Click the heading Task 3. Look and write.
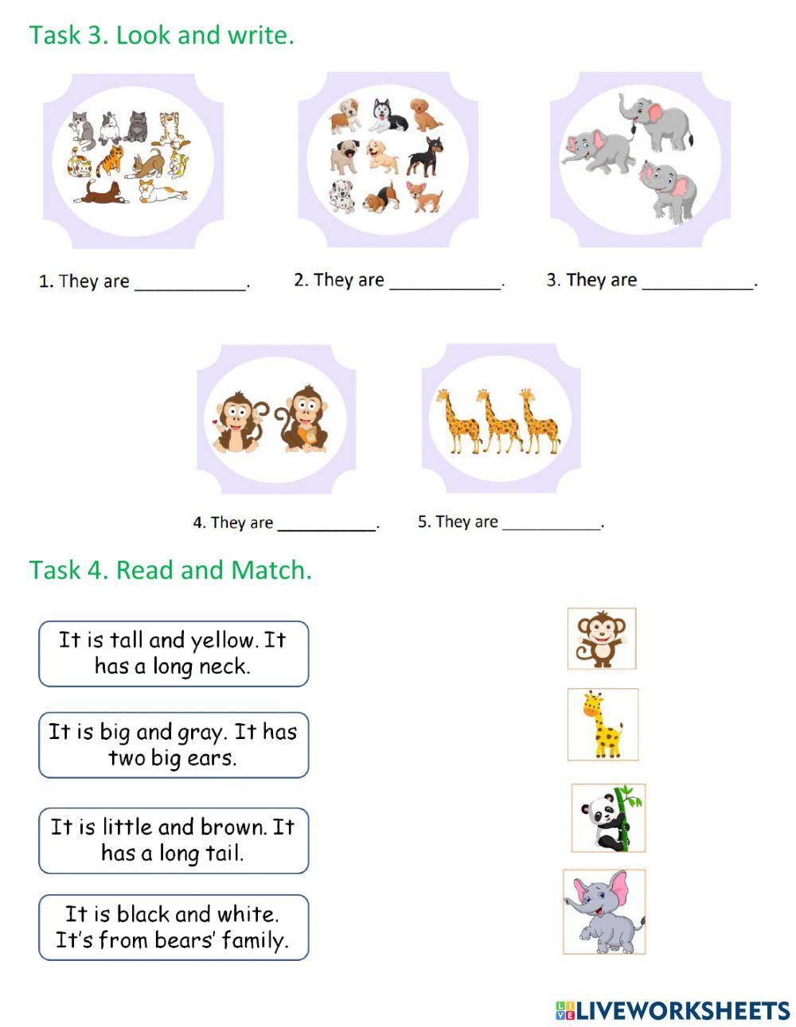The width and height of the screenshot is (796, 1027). (162, 35)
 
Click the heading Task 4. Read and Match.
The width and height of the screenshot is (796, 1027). (170, 570)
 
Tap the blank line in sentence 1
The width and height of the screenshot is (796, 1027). (190, 286)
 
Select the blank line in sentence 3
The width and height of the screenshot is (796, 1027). (697, 285)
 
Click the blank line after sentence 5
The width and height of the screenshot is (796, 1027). (552, 527)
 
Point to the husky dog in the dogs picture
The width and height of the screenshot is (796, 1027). (388, 115)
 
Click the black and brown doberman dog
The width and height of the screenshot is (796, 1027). (423, 155)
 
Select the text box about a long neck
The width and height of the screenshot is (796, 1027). (174, 653)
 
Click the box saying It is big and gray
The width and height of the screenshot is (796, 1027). (174, 745)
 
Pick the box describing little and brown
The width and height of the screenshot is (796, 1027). (174, 840)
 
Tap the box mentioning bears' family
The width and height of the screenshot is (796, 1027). (174, 927)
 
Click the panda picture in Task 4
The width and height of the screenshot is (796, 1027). (608, 818)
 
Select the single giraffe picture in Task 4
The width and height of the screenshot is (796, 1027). (603, 724)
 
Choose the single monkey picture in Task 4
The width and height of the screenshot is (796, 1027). (602, 638)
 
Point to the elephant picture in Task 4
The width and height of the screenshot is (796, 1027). (604, 912)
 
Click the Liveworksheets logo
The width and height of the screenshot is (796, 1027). (673, 1010)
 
